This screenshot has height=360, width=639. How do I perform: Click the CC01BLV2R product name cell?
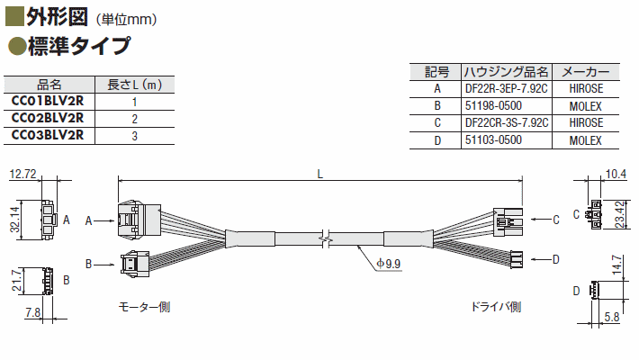(x=48, y=101)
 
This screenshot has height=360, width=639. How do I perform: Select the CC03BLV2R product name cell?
(x=48, y=135)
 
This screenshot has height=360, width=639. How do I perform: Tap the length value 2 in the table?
(x=134, y=119)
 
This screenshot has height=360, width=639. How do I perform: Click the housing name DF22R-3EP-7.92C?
(x=506, y=88)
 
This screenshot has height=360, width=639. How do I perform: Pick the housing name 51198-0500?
(x=493, y=106)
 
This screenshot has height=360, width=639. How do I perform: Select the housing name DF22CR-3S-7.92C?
(x=507, y=122)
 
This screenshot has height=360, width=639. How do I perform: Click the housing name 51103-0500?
(x=493, y=140)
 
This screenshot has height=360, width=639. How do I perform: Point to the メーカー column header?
(x=586, y=72)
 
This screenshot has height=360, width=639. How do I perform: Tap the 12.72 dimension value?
(x=22, y=174)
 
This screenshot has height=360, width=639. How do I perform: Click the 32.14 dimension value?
(x=15, y=219)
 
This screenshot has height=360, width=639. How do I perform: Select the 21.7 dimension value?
(x=17, y=281)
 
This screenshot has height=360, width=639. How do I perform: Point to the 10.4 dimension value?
(x=616, y=174)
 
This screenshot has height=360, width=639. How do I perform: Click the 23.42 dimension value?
(x=620, y=214)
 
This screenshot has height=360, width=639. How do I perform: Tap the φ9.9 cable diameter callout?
(x=389, y=264)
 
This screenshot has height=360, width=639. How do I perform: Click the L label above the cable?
(x=319, y=175)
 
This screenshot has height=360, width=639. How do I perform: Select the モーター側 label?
(x=144, y=307)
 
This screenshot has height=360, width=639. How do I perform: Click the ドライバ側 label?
(x=496, y=307)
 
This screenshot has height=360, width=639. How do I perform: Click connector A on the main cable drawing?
(x=139, y=220)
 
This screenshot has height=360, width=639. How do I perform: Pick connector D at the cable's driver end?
(x=516, y=259)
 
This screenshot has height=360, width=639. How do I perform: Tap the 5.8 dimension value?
(x=612, y=317)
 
